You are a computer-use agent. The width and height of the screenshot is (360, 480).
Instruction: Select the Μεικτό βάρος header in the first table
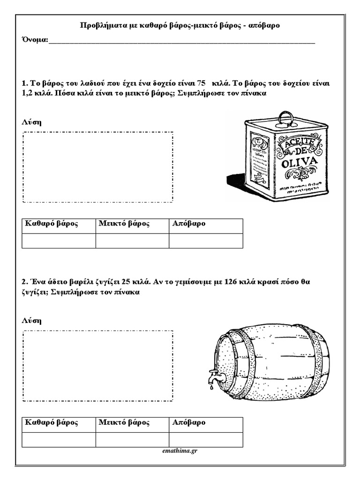(124, 224)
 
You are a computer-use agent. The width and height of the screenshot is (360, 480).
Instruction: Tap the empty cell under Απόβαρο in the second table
(206, 440)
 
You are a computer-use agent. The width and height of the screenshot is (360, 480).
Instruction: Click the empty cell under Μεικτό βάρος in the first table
(132, 240)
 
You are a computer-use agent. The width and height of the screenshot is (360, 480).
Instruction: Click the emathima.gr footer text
(179, 451)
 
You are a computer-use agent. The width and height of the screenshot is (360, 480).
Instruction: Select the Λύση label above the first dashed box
(31, 122)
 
